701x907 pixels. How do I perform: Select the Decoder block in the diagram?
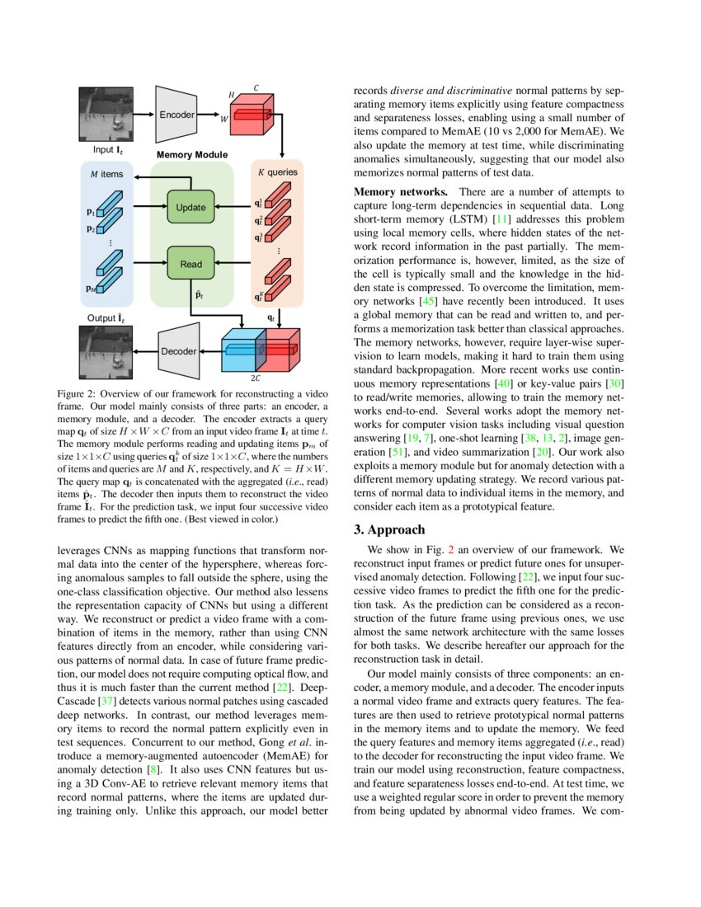[x=179, y=351]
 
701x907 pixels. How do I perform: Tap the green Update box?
[x=191, y=207]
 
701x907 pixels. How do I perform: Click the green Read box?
[x=191, y=264]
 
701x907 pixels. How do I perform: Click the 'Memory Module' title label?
[x=191, y=154]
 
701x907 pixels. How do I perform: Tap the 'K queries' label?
[x=278, y=172]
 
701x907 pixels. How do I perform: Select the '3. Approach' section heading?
[x=389, y=529]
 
